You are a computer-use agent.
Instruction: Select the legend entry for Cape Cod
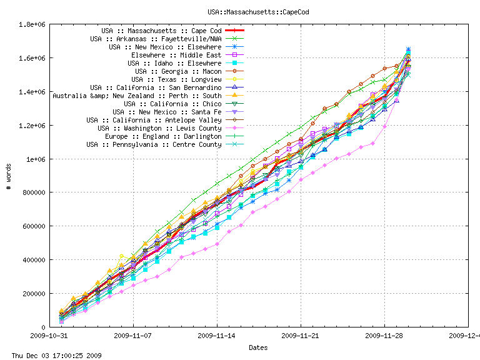[161, 31]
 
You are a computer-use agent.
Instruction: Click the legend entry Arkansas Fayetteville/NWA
[156, 39]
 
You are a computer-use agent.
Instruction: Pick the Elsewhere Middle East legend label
[176, 55]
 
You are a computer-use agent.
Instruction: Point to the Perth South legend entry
[137, 96]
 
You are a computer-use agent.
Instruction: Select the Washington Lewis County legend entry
[159, 128]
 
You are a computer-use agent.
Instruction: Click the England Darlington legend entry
[163, 136]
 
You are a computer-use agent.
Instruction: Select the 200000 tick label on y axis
[34, 293]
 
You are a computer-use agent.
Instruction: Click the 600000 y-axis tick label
[34, 226]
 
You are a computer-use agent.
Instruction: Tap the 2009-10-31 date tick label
[50, 335]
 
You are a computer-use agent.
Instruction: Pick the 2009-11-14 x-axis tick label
[217, 335]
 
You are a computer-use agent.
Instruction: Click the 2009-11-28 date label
[384, 335]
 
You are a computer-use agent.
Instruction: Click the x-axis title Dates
[258, 347]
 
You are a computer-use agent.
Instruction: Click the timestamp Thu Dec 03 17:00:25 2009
[52, 355]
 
